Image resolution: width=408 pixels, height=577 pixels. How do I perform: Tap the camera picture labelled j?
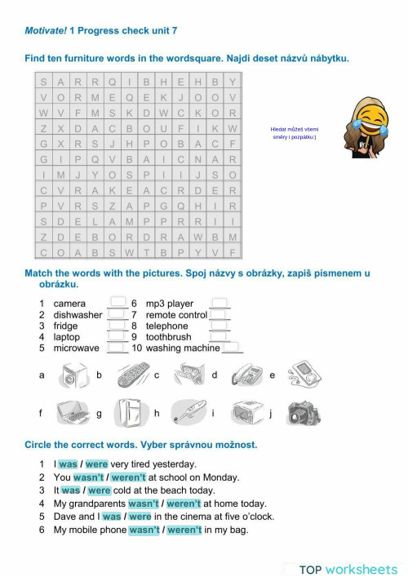pyautogui.click(x=303, y=414)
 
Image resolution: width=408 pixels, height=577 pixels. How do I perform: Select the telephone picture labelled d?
pyautogui.click(x=246, y=375)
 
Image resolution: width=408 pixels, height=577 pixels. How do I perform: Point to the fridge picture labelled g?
pyautogui.click(x=129, y=412)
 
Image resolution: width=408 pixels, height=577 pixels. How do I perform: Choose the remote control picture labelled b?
pyautogui.click(x=132, y=375)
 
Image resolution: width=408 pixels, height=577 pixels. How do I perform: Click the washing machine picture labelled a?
pyautogui.click(x=72, y=376)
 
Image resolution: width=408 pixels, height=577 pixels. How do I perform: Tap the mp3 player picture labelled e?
pyautogui.click(x=301, y=375)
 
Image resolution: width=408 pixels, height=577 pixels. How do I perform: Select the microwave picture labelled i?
pyautogui.click(x=245, y=413)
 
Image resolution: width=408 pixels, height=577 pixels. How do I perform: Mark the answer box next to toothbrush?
pyautogui.click(x=219, y=336)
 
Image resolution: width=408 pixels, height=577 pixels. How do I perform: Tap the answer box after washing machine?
pyautogui.click(x=233, y=348)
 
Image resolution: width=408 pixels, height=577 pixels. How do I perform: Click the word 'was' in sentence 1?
pyautogui.click(x=68, y=464)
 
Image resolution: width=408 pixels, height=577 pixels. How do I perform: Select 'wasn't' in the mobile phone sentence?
pyautogui.click(x=144, y=530)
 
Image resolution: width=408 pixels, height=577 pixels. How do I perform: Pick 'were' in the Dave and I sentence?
pyautogui.click(x=140, y=517)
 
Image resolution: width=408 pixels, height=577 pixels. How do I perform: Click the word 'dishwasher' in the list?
pyautogui.click(x=78, y=315)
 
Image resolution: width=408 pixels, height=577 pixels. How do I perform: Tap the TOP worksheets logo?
pyautogui.click(x=348, y=569)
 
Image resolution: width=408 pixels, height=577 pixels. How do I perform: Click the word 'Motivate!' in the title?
pyautogui.click(x=45, y=31)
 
